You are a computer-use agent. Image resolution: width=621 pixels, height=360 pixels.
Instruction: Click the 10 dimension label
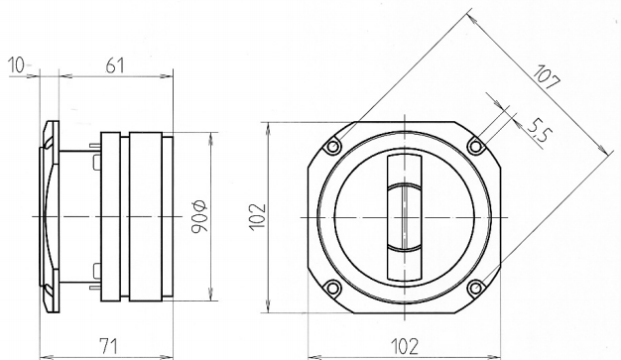16,64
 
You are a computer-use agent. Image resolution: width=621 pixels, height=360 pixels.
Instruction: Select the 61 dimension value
115,65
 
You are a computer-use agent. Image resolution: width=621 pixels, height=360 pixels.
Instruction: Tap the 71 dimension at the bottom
108,346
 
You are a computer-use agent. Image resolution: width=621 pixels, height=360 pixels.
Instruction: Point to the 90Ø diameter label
198,216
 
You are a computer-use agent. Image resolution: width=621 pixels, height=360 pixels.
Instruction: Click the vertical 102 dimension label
257,216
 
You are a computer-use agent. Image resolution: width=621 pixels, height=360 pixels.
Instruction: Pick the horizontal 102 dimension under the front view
405,346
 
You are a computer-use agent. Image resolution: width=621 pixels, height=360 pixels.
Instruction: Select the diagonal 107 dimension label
547,77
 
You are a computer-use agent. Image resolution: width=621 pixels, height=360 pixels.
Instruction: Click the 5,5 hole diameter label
538,130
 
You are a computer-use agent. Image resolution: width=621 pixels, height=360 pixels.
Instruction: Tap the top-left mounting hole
332,147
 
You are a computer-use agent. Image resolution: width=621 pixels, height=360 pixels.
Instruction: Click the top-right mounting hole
475,147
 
